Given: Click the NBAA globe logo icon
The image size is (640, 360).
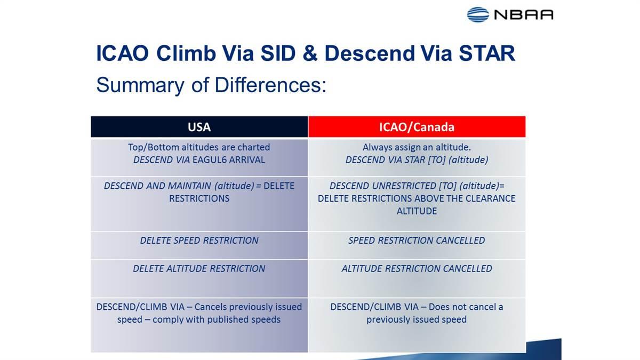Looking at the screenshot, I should [x=478, y=14].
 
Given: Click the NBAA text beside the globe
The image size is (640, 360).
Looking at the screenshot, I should [x=523, y=14].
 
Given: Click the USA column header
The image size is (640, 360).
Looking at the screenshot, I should [x=199, y=127].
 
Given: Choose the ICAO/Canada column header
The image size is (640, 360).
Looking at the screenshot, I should [x=416, y=127].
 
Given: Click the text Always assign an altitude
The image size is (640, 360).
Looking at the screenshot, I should [x=417, y=147].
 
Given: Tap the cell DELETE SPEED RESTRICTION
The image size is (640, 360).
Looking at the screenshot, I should [x=199, y=241].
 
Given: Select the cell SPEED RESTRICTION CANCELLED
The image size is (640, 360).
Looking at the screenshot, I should [x=417, y=241].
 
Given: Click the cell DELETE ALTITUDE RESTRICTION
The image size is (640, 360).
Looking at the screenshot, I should [x=199, y=269].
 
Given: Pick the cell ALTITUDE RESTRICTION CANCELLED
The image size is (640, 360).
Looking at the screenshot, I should [x=417, y=269].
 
